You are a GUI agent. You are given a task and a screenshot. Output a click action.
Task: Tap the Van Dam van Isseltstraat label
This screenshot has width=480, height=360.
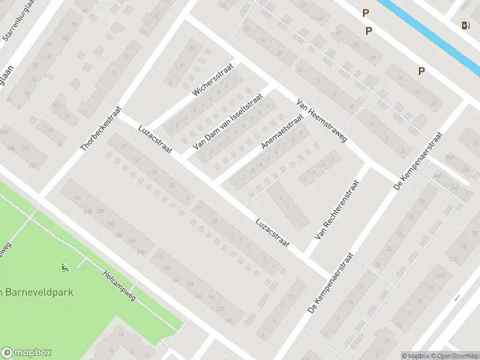pyautogui.click(x=228, y=121)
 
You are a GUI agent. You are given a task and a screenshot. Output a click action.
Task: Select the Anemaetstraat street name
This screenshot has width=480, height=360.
pyautogui.click(x=281, y=132)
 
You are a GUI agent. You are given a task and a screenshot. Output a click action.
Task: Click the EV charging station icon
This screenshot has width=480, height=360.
pyautogui.click(x=465, y=25)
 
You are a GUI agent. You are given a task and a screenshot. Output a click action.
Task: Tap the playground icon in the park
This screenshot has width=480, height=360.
pyautogui.click(x=64, y=267)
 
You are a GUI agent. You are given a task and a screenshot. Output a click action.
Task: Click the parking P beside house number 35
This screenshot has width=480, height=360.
pyautogui.click(x=422, y=71)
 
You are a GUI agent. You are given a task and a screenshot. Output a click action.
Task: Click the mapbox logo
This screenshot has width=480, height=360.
pyautogui.click(x=26, y=353)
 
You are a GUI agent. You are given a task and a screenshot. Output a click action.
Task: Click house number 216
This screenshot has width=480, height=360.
pyautogui.click(x=77, y=199)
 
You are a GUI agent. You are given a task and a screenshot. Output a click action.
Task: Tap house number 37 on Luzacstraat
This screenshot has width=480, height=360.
pyautogui.click(x=124, y=147)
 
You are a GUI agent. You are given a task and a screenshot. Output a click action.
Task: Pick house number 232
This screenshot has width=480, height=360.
pyautogui.click(x=25, y=148)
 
